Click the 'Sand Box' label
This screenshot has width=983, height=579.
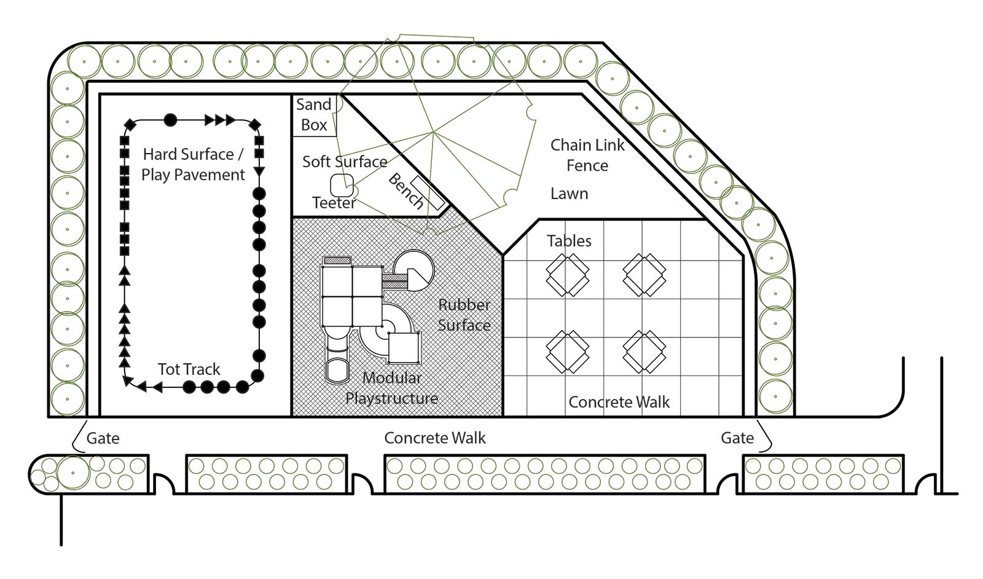[x=313, y=115]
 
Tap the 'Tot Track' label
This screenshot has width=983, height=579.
[x=189, y=369]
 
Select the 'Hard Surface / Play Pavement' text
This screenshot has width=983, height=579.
[x=193, y=164]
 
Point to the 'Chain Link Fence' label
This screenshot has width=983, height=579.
[x=587, y=155]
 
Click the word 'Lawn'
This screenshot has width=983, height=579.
[x=569, y=194]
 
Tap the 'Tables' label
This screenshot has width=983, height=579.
[x=569, y=241]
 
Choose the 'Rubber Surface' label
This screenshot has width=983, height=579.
[x=464, y=315]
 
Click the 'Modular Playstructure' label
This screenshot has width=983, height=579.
[x=391, y=388]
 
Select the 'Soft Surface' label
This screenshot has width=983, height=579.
[x=345, y=162]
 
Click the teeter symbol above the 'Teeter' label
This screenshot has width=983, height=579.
[x=342, y=184]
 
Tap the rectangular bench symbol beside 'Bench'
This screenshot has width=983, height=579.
[x=428, y=192]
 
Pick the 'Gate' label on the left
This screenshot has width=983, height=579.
[x=103, y=438]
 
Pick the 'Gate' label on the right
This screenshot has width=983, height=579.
[x=737, y=438]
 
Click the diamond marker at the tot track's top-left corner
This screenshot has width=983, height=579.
[x=130, y=125]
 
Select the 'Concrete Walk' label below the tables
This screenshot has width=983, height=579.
[x=619, y=402]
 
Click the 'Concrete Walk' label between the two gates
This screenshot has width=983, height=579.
[x=434, y=438]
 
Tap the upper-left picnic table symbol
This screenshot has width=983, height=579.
[x=567, y=274]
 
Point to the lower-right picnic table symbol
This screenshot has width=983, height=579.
[x=644, y=351]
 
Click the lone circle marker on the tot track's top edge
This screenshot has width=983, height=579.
[x=170, y=120]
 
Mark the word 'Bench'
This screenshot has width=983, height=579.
[x=405, y=191]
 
